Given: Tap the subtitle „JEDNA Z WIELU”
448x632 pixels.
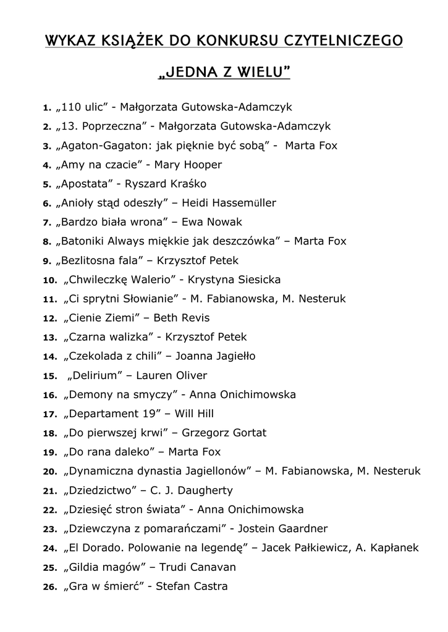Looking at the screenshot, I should [x=224, y=73].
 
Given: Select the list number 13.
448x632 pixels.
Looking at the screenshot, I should [x=49, y=338].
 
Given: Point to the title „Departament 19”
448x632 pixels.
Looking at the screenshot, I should [x=112, y=414].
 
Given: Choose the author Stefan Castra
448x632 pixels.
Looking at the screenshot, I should [x=192, y=586].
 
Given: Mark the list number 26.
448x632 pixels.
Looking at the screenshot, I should [x=49, y=587].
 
